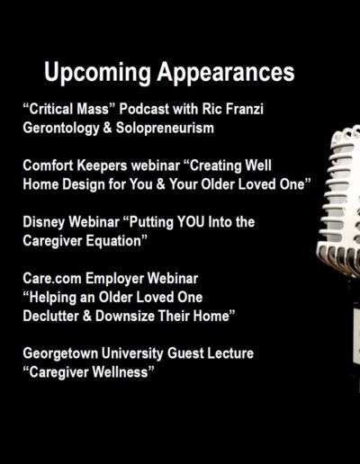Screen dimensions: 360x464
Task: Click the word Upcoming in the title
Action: tap(97, 73)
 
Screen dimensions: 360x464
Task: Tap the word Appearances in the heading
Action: tap(226, 73)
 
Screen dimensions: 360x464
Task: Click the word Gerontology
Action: tap(61, 129)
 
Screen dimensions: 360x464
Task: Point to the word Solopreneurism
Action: tap(165, 128)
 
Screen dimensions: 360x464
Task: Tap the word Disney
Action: tap(44, 223)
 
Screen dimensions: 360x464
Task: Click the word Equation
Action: tap(113, 241)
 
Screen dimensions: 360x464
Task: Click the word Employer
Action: tap(114, 280)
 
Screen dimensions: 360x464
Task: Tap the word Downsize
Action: tap(124, 316)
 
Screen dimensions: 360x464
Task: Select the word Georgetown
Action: tap(60, 354)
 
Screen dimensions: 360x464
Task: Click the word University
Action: tap(132, 354)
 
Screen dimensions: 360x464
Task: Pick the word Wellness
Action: tap(120, 372)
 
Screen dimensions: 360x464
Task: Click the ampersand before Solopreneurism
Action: tap(107, 128)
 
